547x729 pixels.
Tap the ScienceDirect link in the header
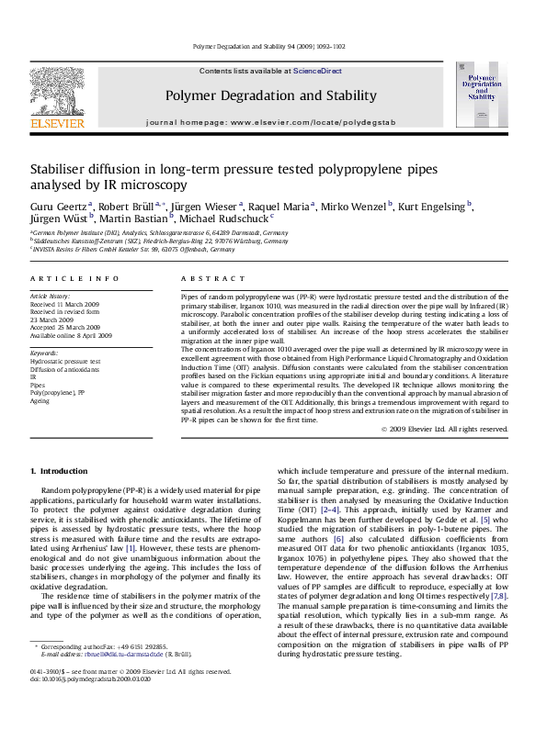(317, 71)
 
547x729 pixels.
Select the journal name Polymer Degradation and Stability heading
(269, 95)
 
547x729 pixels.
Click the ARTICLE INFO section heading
(74, 277)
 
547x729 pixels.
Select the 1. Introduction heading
(63, 471)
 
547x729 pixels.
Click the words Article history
(51, 297)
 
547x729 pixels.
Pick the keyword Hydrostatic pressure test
(65, 362)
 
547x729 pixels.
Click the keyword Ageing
(40, 400)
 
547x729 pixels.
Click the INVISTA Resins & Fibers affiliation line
(121, 249)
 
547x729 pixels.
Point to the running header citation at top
(273, 46)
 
